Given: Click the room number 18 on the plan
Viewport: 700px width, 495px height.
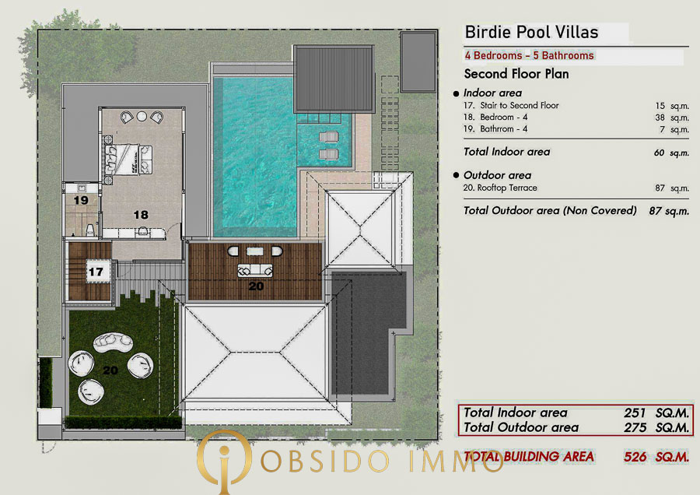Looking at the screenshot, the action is [141, 215].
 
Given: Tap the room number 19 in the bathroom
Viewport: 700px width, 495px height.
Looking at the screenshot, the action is [81, 200].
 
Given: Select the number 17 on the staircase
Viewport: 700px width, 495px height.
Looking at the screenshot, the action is [96, 272].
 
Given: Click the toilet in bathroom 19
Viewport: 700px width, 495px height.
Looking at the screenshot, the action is [90, 230].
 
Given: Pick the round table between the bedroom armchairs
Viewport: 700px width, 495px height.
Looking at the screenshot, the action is [142, 116].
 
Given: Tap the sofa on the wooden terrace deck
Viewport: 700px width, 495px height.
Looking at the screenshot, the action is [255, 270].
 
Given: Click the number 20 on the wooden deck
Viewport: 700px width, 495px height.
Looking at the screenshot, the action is [256, 286].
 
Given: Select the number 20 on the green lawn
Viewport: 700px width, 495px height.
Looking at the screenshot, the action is [110, 370].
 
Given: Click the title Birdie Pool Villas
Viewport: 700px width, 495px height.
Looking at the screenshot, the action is [531, 32].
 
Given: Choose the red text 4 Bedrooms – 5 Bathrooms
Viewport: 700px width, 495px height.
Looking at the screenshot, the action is [529, 55].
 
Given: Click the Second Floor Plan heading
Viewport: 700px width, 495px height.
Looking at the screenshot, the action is [516, 74].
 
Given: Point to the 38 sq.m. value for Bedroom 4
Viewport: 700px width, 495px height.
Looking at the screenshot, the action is [672, 118].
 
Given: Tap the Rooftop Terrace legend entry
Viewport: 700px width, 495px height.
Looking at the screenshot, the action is [500, 188].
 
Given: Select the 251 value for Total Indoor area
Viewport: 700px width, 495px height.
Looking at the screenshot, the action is [635, 412].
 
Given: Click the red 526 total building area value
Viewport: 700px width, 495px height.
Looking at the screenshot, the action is [635, 457].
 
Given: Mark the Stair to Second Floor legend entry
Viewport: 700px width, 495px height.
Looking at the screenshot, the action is [511, 105].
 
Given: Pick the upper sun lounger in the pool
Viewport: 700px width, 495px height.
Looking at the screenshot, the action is [329, 136].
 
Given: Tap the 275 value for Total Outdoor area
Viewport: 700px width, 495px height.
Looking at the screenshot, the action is [635, 427].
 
